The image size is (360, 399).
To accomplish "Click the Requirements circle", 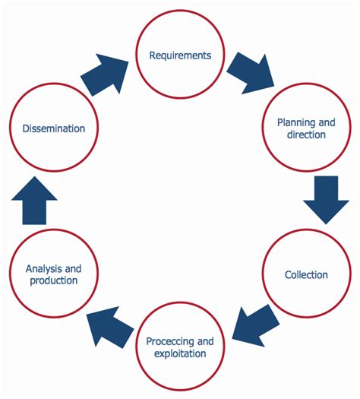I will (x=180, y=55).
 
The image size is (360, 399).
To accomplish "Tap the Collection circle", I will (x=307, y=274).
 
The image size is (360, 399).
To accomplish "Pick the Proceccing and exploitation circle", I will (x=180, y=347).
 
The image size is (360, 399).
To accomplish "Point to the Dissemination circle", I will (x=53, y=128).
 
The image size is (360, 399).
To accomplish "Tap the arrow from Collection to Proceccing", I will (x=251, y=323).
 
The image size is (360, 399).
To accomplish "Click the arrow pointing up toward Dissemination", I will (x=34, y=201).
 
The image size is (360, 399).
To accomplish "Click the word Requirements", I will (x=180, y=55).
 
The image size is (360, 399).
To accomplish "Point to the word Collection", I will (x=307, y=274).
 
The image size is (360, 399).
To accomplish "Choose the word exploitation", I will (x=180, y=353).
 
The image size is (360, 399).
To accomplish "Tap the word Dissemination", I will (x=53, y=128).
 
